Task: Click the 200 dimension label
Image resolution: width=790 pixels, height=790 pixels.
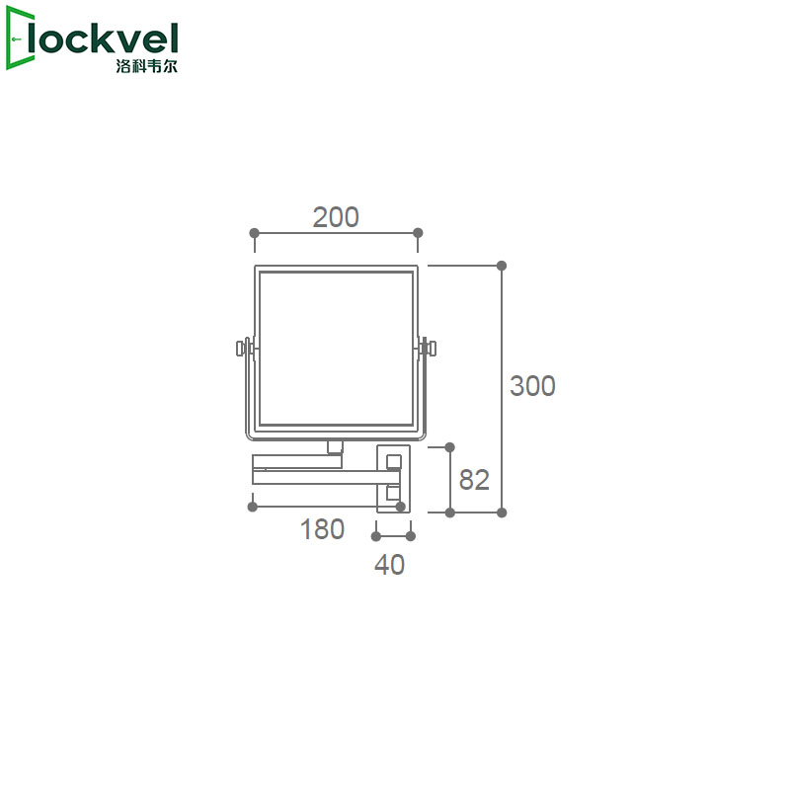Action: coord(336,217)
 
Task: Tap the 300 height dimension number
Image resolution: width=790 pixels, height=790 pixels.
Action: coord(532,386)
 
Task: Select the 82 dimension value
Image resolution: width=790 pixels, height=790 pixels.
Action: coord(474,480)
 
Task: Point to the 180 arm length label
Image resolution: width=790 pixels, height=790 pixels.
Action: coord(322,529)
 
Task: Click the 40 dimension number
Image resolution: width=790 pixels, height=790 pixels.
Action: coord(389,565)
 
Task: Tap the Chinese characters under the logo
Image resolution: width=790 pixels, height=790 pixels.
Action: coord(146,66)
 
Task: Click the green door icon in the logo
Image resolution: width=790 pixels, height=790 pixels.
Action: coord(19,39)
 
